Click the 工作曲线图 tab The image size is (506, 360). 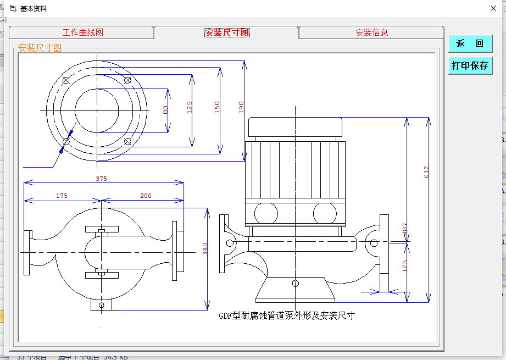(x=82, y=32)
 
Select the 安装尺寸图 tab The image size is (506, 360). (x=226, y=32)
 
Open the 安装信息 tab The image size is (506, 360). (x=371, y=32)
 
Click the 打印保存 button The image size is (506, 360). (x=470, y=65)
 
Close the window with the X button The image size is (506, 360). (x=493, y=8)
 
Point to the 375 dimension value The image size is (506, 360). (x=101, y=179)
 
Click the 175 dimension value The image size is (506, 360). (x=62, y=196)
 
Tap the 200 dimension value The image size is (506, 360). (x=146, y=196)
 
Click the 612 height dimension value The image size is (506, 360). (x=426, y=171)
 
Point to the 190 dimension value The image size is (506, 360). (x=241, y=107)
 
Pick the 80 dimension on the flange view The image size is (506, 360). (x=165, y=110)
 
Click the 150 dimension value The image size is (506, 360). (x=216, y=107)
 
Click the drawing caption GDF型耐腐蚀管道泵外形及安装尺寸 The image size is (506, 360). (x=287, y=315)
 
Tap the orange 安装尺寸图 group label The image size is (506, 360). (x=40, y=48)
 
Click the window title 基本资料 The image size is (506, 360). (x=34, y=9)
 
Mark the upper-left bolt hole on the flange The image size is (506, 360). (x=66, y=81)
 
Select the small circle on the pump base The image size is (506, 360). (x=296, y=283)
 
